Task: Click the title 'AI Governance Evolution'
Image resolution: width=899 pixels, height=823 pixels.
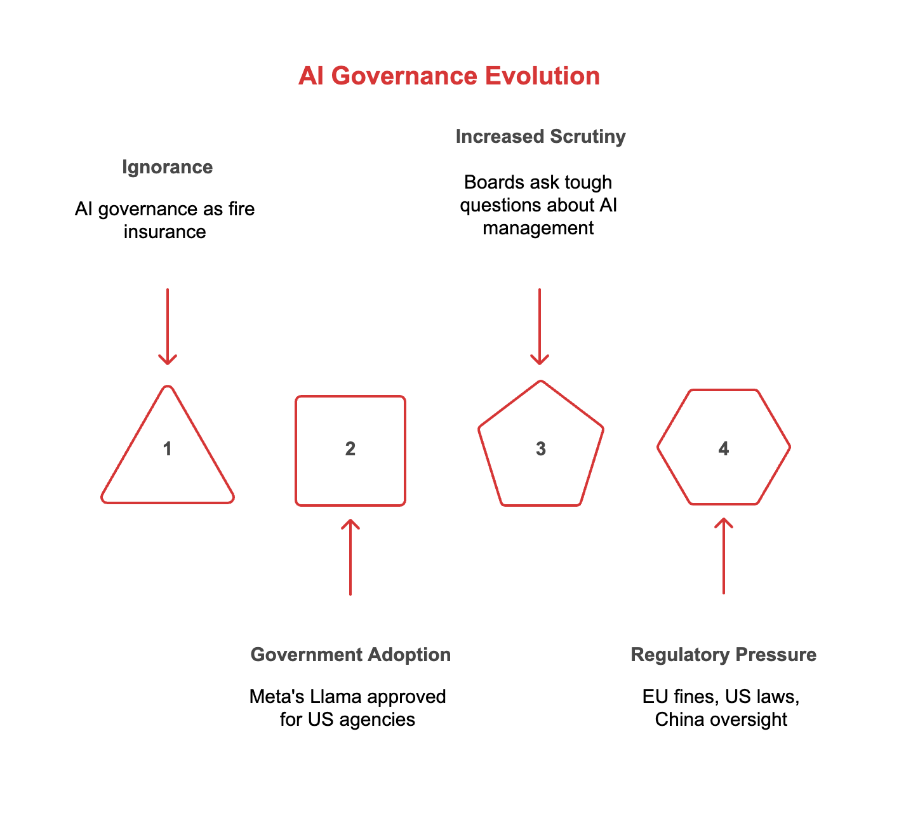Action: click(x=449, y=76)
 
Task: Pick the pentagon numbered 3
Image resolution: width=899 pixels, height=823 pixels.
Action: click(x=540, y=449)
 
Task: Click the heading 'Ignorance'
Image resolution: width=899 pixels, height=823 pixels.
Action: click(x=167, y=167)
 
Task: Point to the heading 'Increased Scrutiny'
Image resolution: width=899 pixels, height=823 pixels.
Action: click(x=540, y=137)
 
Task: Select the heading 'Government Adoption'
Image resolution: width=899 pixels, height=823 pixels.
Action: click(x=350, y=655)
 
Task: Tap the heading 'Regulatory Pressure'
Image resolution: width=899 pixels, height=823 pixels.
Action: click(x=724, y=655)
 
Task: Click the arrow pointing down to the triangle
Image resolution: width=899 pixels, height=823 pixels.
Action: click(x=168, y=326)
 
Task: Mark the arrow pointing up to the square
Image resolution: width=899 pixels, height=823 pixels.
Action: click(x=350, y=557)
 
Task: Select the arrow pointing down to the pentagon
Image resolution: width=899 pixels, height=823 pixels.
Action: click(x=540, y=326)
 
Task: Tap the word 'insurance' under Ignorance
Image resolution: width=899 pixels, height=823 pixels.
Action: click(x=165, y=232)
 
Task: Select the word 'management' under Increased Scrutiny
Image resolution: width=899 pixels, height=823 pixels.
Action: click(x=538, y=228)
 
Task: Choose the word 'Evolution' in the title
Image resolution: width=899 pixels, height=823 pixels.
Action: click(x=542, y=76)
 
